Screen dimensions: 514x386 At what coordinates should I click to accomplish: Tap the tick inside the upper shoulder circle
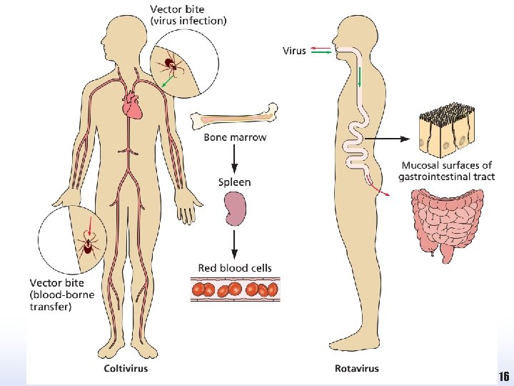click(x=171, y=65)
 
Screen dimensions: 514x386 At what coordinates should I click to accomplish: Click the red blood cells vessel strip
click(x=235, y=289)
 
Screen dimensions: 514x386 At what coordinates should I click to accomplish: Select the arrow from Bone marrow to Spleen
click(x=234, y=159)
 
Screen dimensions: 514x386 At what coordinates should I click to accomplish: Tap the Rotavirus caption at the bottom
click(x=357, y=369)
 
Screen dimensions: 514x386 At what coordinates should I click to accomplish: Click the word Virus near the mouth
click(x=294, y=50)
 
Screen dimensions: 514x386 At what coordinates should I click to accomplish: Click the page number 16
click(x=503, y=377)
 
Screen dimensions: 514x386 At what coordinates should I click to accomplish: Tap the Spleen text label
click(x=234, y=182)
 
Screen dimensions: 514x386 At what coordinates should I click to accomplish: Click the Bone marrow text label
click(x=235, y=137)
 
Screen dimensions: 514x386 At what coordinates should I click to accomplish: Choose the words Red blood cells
click(x=235, y=268)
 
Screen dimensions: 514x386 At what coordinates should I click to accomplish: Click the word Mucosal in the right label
click(x=421, y=166)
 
